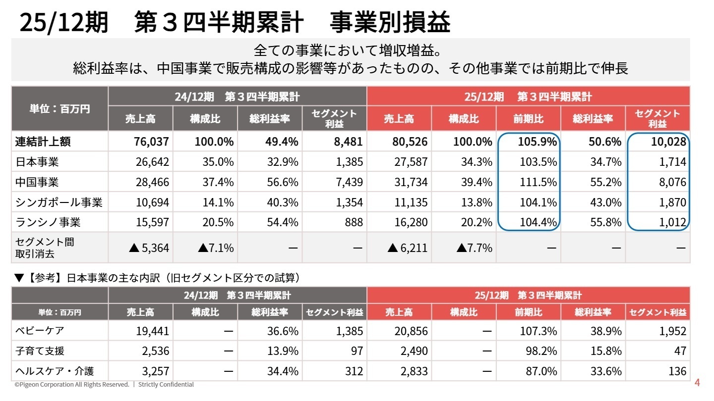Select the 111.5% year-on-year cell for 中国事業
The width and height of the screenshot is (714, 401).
[538, 182]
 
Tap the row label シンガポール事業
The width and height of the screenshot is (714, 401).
[59, 202]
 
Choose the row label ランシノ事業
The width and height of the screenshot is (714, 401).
[48, 223]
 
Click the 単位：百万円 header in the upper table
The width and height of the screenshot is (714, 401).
[59, 109]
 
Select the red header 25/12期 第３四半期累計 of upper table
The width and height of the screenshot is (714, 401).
[528, 96]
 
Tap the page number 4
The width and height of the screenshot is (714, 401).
[697, 383]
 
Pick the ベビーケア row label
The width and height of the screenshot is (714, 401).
[40, 331]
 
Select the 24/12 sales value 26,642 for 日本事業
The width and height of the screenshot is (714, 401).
[151, 162]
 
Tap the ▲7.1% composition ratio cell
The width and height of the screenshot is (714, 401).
[216, 248]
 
